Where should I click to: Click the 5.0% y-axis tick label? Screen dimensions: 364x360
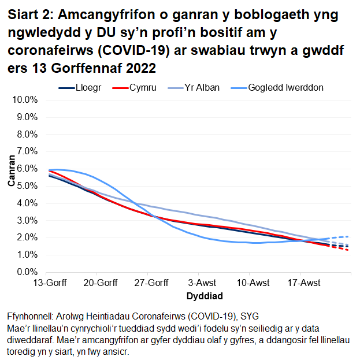point(26,186)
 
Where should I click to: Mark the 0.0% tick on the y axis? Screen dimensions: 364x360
point(26,272)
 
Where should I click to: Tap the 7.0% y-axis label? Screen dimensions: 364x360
point(26,151)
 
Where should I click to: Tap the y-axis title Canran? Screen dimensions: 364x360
point(11,173)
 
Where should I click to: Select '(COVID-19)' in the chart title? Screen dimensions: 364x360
point(142,50)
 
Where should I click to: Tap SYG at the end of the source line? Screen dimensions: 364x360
point(250,316)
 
